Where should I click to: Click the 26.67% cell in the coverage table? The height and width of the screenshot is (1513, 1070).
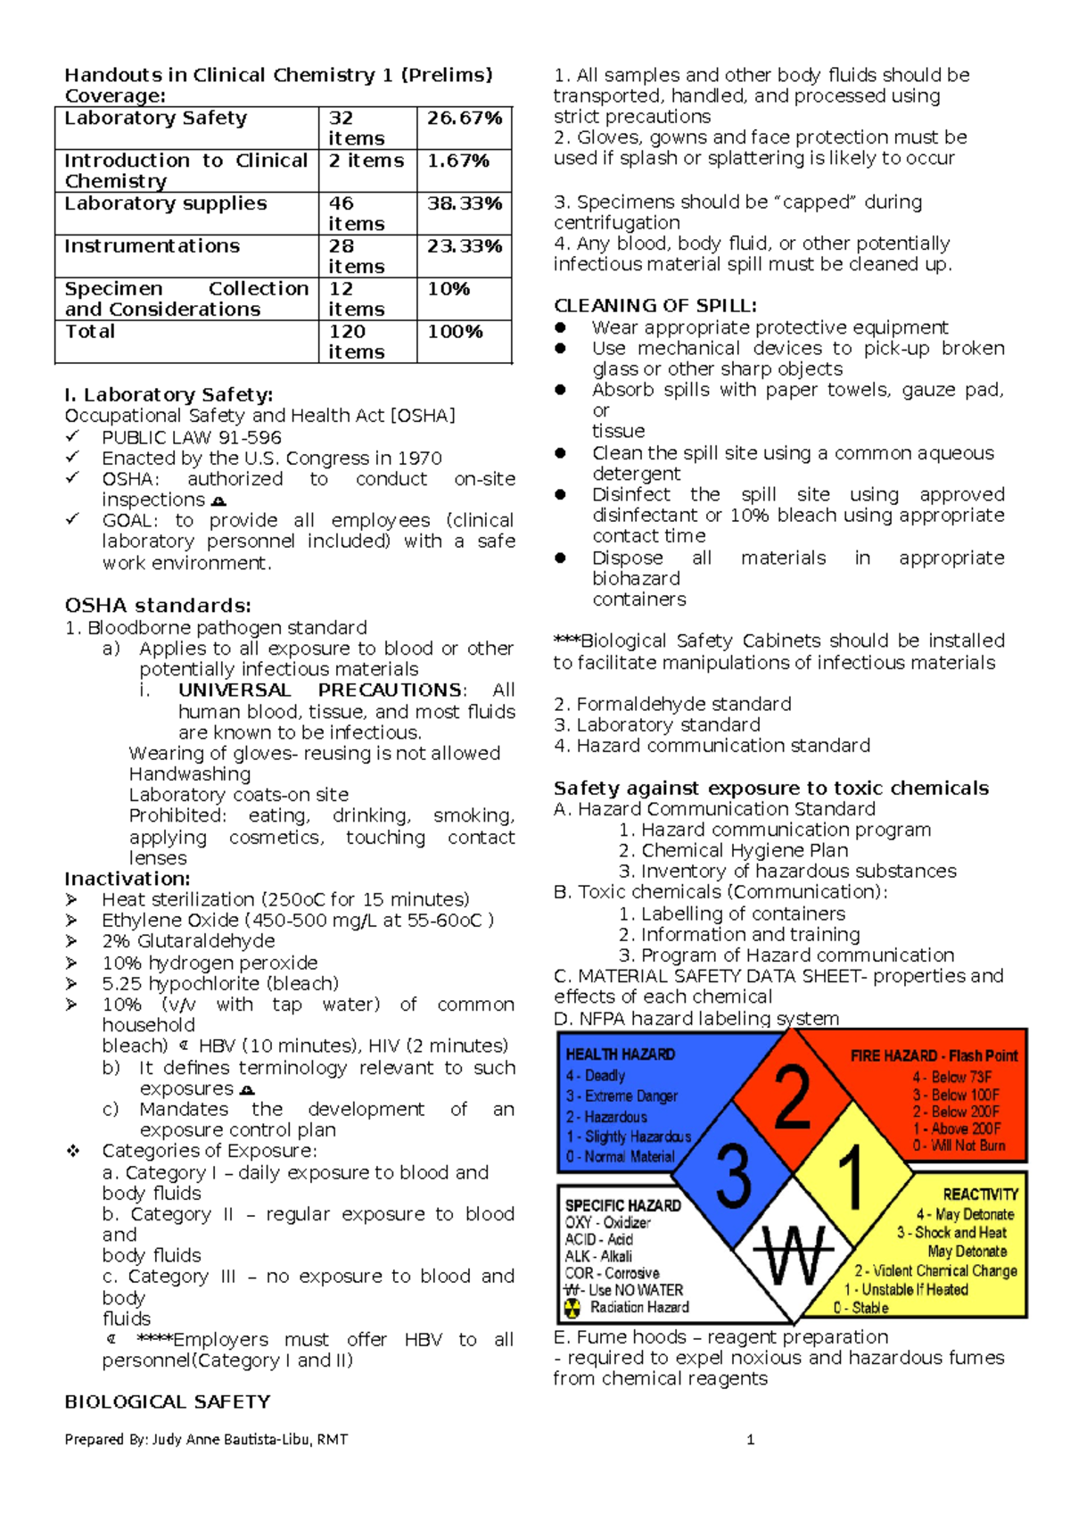pyautogui.click(x=464, y=119)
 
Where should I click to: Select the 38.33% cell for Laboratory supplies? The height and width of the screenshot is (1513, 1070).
pyautogui.click(x=464, y=204)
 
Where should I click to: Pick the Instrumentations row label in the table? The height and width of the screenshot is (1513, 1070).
pyautogui.click(x=152, y=246)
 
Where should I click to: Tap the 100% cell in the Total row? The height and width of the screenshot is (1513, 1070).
pyautogui.click(x=455, y=332)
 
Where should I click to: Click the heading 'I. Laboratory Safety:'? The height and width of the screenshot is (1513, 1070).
pyautogui.click(x=169, y=394)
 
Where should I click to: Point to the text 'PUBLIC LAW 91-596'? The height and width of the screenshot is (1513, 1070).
pyautogui.click(x=192, y=437)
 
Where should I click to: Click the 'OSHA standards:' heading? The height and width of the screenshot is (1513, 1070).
pyautogui.click(x=158, y=605)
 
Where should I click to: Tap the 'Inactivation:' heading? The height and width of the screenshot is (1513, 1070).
pyautogui.click(x=127, y=879)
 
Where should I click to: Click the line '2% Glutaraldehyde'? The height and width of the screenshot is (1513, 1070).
pyautogui.click(x=188, y=941)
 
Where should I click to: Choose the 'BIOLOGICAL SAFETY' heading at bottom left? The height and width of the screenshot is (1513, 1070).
pyautogui.click(x=167, y=1401)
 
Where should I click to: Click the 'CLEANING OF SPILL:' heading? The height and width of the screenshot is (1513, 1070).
pyautogui.click(x=655, y=305)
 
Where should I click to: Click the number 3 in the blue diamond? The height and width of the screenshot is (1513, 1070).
pyautogui.click(x=733, y=1175)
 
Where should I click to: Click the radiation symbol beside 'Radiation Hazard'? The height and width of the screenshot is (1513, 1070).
pyautogui.click(x=572, y=1308)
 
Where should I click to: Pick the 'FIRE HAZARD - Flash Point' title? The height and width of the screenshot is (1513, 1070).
pyautogui.click(x=934, y=1055)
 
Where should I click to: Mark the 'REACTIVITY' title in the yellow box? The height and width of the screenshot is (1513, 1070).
pyautogui.click(x=980, y=1195)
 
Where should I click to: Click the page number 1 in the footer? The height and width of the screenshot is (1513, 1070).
pyautogui.click(x=750, y=1439)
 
